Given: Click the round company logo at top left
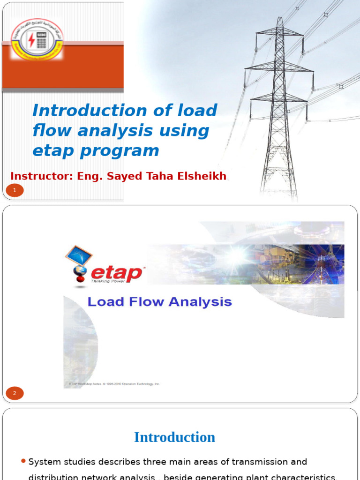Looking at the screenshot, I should (37, 39).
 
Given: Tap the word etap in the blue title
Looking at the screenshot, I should (52, 151).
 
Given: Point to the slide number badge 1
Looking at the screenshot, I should (15, 190).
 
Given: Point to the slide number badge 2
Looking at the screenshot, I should (15, 393).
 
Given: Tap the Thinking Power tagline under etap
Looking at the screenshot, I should (107, 281).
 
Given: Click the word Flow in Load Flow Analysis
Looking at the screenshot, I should (143, 302).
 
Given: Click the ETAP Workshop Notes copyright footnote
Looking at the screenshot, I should (112, 383).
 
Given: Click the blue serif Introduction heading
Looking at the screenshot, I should (174, 437).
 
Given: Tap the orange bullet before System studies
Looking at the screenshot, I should (23, 462).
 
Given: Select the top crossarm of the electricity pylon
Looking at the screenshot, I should (279, 33).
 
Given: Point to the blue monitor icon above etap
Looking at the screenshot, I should (78, 255).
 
